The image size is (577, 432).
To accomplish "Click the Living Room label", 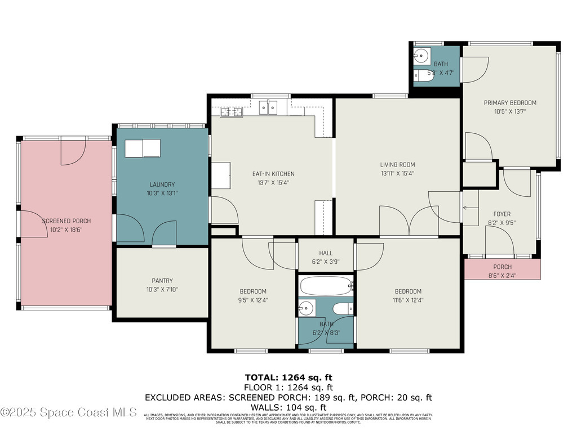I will click(397, 165).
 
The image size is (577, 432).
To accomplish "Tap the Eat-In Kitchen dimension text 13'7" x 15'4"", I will click(273, 183).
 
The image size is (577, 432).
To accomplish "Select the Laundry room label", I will click(162, 184).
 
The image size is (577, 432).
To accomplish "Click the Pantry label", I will click(162, 281).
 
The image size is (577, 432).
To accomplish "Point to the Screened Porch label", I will click(66, 221).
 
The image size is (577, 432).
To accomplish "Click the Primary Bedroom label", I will click(510, 103).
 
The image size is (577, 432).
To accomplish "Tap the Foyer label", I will click(501, 214).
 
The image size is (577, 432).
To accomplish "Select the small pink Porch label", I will click(502, 267).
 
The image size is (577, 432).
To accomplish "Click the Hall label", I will click(326, 253).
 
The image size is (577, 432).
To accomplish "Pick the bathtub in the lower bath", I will click(326, 286).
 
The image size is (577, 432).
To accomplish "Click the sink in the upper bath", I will click(420, 56).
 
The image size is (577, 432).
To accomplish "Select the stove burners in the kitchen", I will click(231, 112).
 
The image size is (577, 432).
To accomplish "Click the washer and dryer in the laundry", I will click(143, 148).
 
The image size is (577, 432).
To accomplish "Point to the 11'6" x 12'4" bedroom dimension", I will click(408, 300).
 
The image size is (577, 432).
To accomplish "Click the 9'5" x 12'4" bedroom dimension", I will click(253, 300).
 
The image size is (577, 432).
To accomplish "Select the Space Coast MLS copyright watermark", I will click(69, 412).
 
